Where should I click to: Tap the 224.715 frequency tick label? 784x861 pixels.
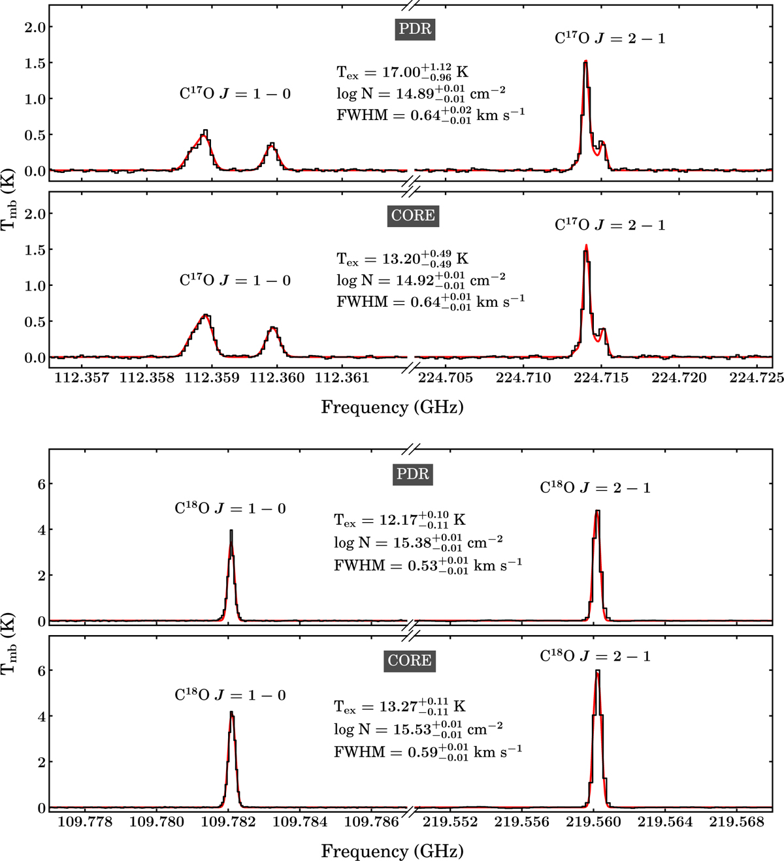point(601,378)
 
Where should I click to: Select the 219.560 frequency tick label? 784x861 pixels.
point(595,822)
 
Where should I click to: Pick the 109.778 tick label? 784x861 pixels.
point(86,822)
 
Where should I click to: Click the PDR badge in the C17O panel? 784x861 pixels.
point(415,29)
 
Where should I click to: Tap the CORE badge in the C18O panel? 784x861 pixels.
point(410,661)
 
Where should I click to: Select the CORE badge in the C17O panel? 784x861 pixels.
point(413,215)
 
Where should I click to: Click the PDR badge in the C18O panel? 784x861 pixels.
point(413,474)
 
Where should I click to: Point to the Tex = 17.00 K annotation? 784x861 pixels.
point(402,72)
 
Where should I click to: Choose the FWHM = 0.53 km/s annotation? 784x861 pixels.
point(427,565)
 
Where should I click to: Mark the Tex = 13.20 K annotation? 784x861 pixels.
point(402,258)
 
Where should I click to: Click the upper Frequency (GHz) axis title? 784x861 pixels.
point(392,407)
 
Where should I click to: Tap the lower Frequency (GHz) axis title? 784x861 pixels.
point(392,851)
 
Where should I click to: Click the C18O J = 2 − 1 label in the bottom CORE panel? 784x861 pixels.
point(595,656)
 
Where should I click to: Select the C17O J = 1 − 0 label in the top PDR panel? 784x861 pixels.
point(235,94)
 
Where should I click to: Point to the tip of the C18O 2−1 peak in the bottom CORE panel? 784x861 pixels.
point(597,671)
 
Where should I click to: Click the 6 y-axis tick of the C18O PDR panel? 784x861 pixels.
point(40,484)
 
